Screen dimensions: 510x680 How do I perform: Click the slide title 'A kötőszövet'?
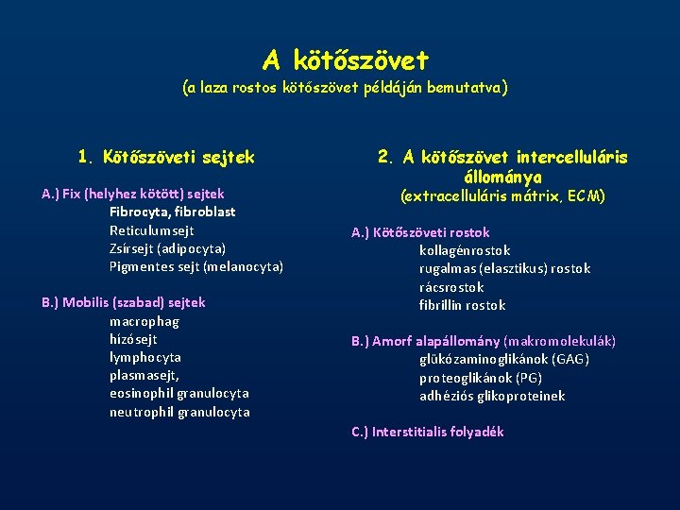(345, 60)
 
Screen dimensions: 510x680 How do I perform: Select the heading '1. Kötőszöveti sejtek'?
(166, 156)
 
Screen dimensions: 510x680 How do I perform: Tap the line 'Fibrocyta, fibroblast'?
(172, 212)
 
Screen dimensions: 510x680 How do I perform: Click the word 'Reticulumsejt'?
(151, 230)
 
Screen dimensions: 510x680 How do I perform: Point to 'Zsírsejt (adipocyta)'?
(167, 248)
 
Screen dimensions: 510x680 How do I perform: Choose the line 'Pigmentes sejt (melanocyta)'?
(195, 266)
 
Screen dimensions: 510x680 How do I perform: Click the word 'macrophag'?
(144, 321)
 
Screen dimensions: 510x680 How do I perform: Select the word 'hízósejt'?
(133, 339)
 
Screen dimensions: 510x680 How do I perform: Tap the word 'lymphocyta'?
(144, 357)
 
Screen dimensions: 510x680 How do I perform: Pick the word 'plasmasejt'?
(144, 375)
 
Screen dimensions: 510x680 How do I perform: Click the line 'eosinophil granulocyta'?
(178, 393)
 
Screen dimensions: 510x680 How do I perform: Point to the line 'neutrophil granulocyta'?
(179, 412)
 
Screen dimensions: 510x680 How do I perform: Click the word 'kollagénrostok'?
(465, 250)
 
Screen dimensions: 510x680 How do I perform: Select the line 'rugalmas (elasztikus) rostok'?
(504, 268)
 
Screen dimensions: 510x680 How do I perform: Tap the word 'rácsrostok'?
(451, 287)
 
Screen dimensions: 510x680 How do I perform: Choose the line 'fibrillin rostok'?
(462, 305)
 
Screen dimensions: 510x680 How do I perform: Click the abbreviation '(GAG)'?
(570, 359)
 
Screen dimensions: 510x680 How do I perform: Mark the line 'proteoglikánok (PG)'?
(481, 378)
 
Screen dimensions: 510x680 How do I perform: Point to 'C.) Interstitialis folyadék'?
(427, 432)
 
